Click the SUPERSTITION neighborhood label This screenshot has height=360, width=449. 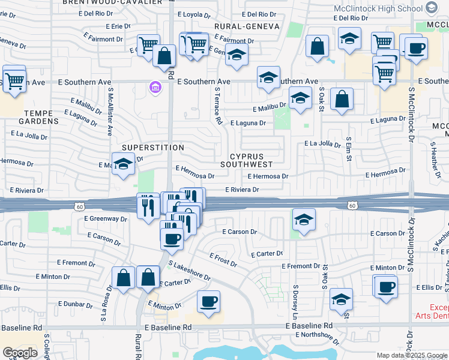[153, 148]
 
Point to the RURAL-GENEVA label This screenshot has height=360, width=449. [247, 26]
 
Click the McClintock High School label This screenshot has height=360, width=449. [378, 8]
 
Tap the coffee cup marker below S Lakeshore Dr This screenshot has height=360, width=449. [208, 302]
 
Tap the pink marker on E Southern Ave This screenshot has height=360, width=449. [155, 89]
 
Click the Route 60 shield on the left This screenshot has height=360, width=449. [80, 206]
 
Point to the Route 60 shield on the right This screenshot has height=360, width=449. [354, 206]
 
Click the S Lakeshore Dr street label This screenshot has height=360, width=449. [190, 271]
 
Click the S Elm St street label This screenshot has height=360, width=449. [348, 150]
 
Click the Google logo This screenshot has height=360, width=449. [20, 352]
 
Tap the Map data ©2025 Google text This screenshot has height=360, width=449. [411, 355]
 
